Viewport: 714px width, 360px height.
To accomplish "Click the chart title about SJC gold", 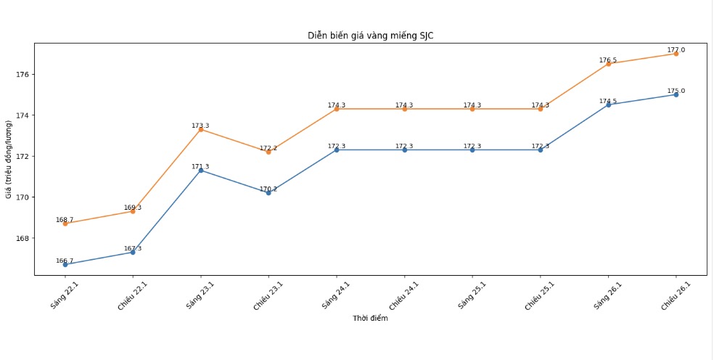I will point(370,35).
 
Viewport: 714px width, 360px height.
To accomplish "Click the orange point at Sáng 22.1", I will point(65,224).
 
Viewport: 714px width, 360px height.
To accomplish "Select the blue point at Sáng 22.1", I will point(65,264).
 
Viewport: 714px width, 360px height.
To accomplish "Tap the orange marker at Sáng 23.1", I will point(201,129).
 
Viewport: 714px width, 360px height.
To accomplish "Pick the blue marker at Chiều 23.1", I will point(268,192).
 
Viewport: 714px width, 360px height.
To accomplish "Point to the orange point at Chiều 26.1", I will point(676,54).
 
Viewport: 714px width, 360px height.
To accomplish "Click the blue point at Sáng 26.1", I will point(608,105).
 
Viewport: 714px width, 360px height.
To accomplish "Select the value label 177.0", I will point(676,50).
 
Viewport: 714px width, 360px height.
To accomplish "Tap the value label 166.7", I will point(65,261).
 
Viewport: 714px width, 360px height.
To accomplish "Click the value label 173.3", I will point(200,126).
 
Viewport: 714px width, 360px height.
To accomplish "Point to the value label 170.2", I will point(268,189).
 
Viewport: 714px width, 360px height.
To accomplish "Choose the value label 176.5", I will point(608,60).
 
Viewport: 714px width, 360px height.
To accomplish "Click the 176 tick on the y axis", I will point(22,75).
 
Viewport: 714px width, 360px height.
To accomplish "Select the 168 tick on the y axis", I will point(22,238).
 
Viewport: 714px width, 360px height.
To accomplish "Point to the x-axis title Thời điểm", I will point(370,319).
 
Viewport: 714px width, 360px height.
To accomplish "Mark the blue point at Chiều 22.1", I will point(133,252).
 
